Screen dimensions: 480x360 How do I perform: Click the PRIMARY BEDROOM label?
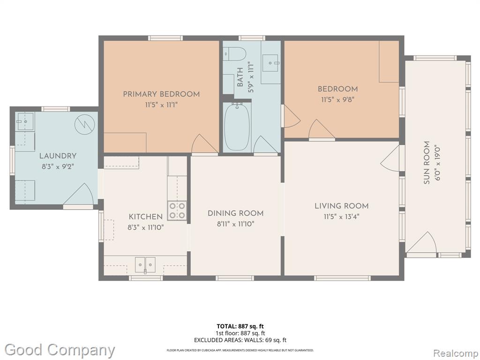click(x=161, y=94)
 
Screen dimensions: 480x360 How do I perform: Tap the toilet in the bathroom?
click(x=235, y=54)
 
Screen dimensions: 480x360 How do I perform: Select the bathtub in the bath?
click(x=238, y=127)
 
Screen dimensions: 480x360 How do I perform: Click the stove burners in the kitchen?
click(x=177, y=210)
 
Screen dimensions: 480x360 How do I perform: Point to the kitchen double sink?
click(x=145, y=264)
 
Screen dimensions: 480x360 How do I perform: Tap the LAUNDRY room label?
click(x=58, y=156)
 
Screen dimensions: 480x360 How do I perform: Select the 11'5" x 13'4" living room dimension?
click(x=342, y=217)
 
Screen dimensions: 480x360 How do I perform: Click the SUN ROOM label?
click(x=427, y=163)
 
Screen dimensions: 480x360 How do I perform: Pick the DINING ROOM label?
click(x=236, y=213)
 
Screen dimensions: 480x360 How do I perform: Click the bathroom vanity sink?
click(x=270, y=63)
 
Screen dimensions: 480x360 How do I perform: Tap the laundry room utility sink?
click(x=25, y=121)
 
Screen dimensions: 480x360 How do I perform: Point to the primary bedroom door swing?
click(x=204, y=143)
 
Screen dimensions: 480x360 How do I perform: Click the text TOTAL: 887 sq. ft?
click(x=240, y=326)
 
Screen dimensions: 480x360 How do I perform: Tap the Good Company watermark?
click(x=60, y=350)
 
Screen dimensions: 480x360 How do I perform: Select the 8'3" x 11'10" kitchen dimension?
click(x=146, y=227)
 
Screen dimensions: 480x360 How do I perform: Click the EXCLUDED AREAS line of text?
click(x=240, y=340)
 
